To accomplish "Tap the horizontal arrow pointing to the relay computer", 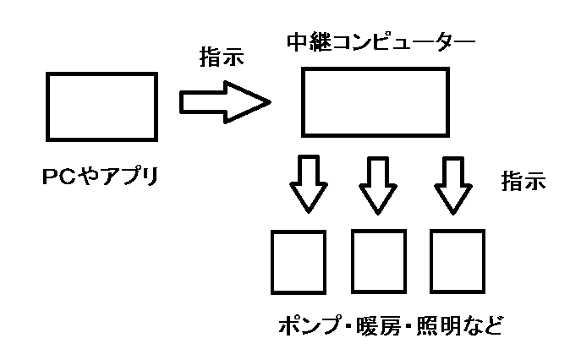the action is pos(225,102).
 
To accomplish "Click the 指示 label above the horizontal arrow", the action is pos(222,57).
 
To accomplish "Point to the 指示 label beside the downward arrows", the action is pos(523,181).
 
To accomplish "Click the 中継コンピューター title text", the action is pos(381,41).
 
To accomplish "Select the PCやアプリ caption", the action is pos(101,177).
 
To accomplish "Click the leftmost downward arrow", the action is pos(309,184).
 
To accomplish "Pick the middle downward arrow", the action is pos(378,186).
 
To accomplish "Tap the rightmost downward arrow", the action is pos(452,186).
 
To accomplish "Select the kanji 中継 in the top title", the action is pos(309,41).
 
